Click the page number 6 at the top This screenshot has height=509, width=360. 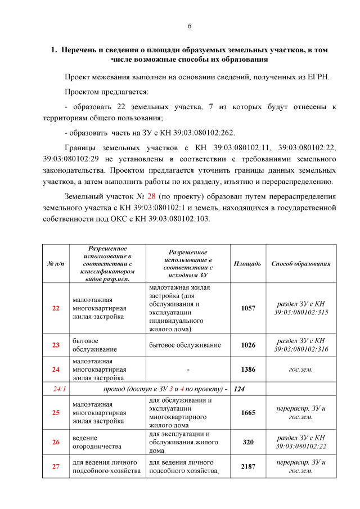click(x=190, y=26)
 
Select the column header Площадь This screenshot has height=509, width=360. click(x=247, y=263)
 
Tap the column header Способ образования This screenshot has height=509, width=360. click(x=301, y=263)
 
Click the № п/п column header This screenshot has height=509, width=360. click(x=55, y=263)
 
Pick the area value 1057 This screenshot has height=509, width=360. click(x=247, y=308)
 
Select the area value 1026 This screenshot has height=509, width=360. click(x=247, y=345)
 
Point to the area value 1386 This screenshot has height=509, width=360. click(x=247, y=370)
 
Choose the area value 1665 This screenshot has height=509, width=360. click(x=247, y=412)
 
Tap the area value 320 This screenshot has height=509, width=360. click(x=247, y=442)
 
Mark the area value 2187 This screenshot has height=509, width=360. click(x=247, y=466)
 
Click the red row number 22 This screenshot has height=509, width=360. click(x=55, y=308)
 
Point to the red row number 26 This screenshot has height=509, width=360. click(x=55, y=442)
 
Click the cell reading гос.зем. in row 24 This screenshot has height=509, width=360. click(x=301, y=370)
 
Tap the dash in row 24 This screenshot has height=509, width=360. click(x=188, y=370)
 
